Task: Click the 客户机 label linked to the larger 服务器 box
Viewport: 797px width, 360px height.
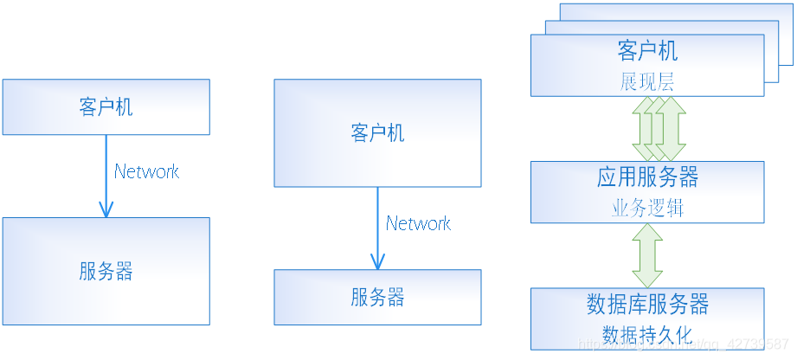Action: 106,107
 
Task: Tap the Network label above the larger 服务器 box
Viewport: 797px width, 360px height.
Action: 146,171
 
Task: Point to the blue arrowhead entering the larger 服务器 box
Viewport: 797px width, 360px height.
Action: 106,209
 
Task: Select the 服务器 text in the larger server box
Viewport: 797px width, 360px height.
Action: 106,272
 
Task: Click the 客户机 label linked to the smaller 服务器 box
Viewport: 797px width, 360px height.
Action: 377,133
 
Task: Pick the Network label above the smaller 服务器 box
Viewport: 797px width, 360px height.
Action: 418,223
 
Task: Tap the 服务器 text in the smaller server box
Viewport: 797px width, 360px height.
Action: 377,299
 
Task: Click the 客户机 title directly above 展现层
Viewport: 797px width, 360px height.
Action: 647,50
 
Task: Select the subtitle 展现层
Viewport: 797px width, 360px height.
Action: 647,82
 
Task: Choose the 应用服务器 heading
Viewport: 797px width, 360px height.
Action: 647,177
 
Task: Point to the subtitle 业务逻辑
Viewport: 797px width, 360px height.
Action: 647,209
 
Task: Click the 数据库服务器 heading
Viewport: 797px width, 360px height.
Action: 647,305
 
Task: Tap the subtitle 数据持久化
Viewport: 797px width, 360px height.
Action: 647,334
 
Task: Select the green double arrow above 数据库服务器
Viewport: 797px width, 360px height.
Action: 647,255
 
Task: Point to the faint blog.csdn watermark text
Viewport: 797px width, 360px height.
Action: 684,344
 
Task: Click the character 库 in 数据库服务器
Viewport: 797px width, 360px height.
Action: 636,305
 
